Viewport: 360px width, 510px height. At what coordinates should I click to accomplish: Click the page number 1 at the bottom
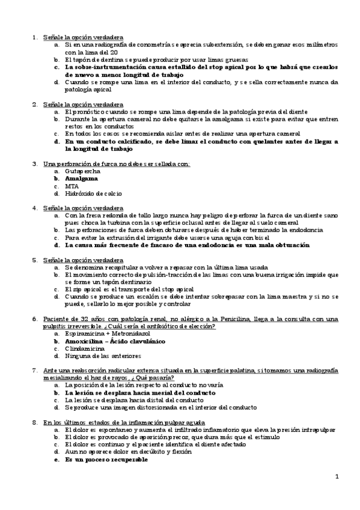pyautogui.click(x=337, y=477)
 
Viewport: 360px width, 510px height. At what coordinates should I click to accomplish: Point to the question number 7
pyautogui.click(x=35, y=370)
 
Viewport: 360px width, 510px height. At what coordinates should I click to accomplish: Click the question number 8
pyautogui.click(x=35, y=422)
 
